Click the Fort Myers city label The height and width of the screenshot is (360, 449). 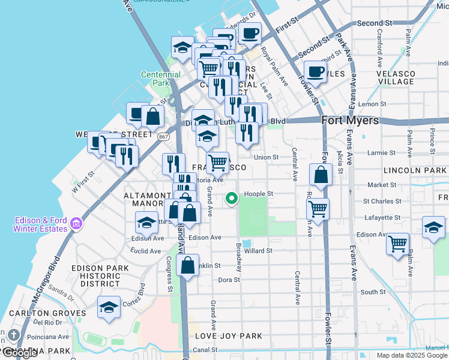[x=351, y=121]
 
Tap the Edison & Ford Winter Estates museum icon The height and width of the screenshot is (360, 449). [x=76, y=224]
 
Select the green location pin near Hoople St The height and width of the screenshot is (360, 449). [x=232, y=198]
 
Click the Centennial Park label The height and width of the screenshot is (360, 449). [x=161, y=79]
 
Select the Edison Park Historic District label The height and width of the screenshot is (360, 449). [x=100, y=276]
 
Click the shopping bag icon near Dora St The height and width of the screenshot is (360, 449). [x=188, y=265]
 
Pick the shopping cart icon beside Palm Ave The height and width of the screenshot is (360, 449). [x=397, y=244]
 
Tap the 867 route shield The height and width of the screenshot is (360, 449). [x=163, y=137]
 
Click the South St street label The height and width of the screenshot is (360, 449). [x=373, y=292]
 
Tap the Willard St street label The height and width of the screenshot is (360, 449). [x=258, y=251]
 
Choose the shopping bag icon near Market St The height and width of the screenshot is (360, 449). [x=321, y=175]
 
